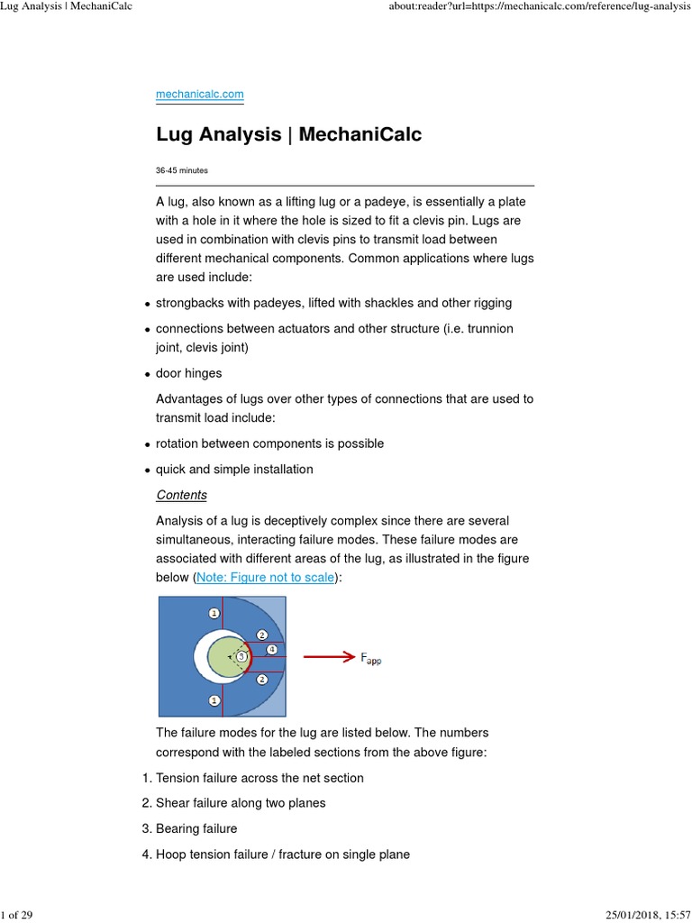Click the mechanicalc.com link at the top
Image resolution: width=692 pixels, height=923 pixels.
pyautogui.click(x=199, y=94)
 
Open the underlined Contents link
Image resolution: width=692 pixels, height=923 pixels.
pyautogui.click(x=181, y=495)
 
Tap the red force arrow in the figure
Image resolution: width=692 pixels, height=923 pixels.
pyautogui.click(x=328, y=657)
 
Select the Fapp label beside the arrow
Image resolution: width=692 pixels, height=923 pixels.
pyautogui.click(x=370, y=659)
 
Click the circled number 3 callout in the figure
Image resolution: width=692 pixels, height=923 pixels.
pyautogui.click(x=241, y=656)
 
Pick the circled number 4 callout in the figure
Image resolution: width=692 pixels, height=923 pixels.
pyautogui.click(x=272, y=648)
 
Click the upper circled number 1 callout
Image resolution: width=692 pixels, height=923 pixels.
pyautogui.click(x=214, y=613)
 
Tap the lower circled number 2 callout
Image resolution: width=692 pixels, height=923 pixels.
pyautogui.click(x=261, y=679)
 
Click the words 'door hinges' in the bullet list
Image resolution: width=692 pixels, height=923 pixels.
pyautogui.click(x=188, y=373)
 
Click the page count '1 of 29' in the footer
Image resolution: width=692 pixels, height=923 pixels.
pyautogui.click(x=17, y=915)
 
